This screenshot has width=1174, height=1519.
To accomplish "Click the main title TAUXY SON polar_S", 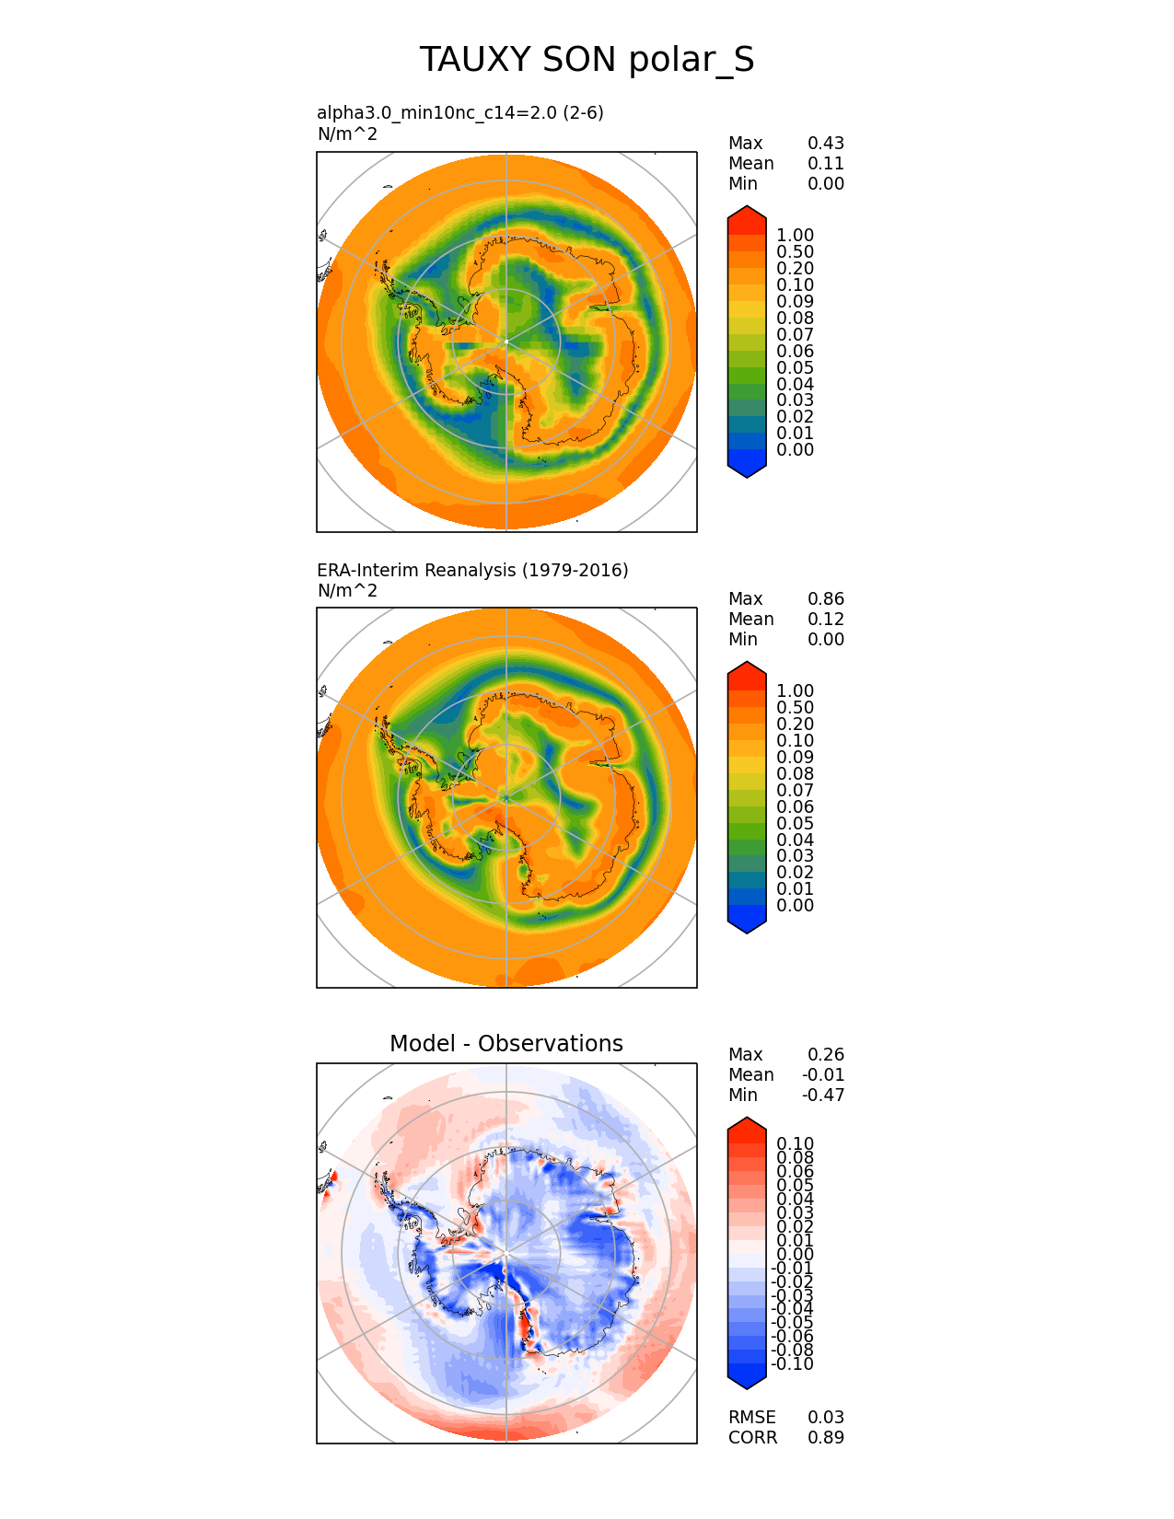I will [x=587, y=60].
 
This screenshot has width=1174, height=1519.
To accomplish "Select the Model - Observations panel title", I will [x=506, y=1043].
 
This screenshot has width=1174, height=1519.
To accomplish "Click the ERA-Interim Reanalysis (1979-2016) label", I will [x=472, y=570].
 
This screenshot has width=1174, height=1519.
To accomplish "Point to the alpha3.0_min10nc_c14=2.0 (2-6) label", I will [x=460, y=112].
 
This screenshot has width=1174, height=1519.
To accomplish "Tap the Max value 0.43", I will [x=825, y=143].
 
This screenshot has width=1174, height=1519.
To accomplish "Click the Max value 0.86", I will [x=825, y=598].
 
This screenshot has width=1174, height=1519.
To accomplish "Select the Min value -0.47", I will [x=824, y=1095].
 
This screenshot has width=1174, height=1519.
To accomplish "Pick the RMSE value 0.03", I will [x=825, y=1417].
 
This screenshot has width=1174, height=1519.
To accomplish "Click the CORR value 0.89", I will [x=825, y=1437].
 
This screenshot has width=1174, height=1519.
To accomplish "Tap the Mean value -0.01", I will [x=824, y=1074].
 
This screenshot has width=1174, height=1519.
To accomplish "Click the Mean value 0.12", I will [x=825, y=619].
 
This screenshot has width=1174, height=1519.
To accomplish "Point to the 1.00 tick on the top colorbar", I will [x=795, y=236].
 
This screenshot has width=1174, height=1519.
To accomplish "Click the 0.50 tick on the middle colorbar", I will [x=795, y=708].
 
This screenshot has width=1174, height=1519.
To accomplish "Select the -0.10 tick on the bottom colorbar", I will [x=793, y=1364].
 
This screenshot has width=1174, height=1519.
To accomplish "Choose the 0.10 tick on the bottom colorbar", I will [x=795, y=1144].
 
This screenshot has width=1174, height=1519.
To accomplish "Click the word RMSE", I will [x=751, y=1417].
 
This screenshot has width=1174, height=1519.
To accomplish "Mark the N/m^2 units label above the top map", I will [x=347, y=133].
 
